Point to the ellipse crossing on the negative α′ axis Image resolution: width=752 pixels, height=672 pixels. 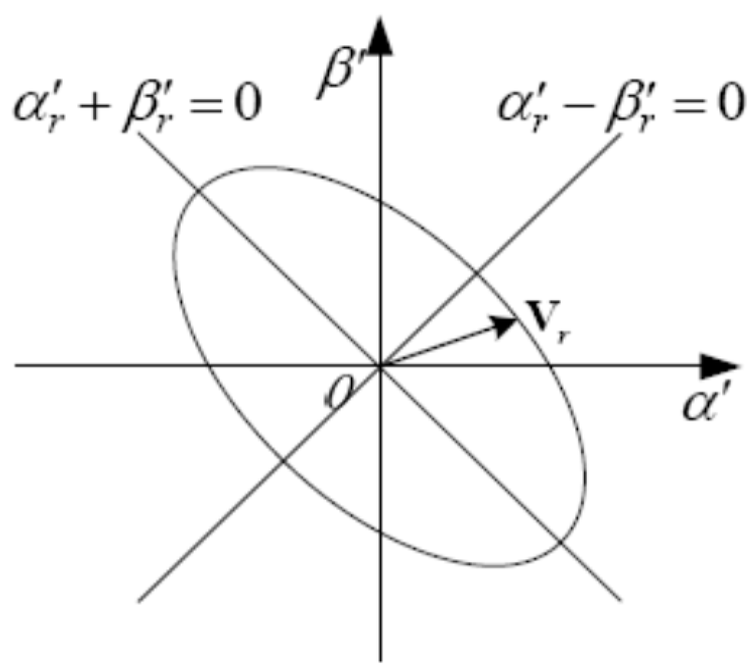click(x=210, y=365)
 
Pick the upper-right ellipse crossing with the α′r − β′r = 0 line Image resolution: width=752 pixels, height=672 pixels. click(x=475, y=274)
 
